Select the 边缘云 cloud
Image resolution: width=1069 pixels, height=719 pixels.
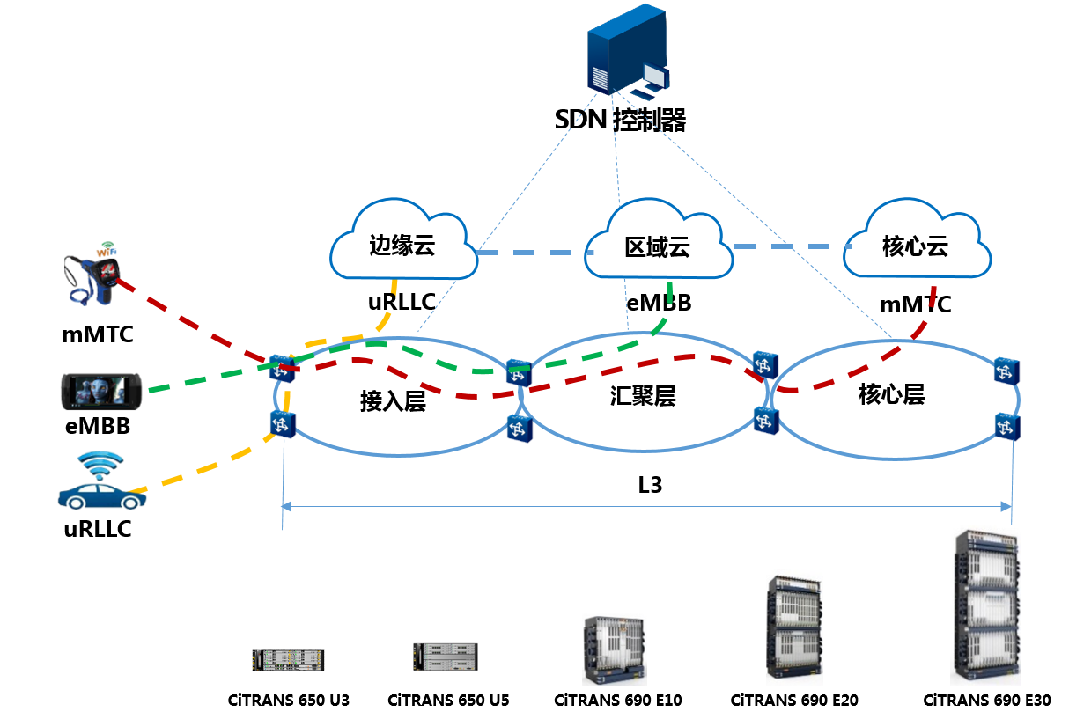click(x=402, y=242)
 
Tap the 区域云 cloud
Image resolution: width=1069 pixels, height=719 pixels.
click(x=657, y=244)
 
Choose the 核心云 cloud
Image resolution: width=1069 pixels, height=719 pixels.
click(x=917, y=244)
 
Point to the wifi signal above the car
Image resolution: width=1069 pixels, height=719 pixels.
click(x=100, y=464)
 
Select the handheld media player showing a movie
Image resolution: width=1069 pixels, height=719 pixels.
click(x=101, y=390)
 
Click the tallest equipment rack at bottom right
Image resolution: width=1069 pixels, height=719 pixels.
click(x=984, y=605)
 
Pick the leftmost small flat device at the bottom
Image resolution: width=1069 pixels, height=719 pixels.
click(x=288, y=660)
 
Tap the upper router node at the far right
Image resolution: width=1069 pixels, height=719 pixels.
click(x=1006, y=370)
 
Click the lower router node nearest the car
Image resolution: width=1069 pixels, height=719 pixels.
click(x=282, y=424)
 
